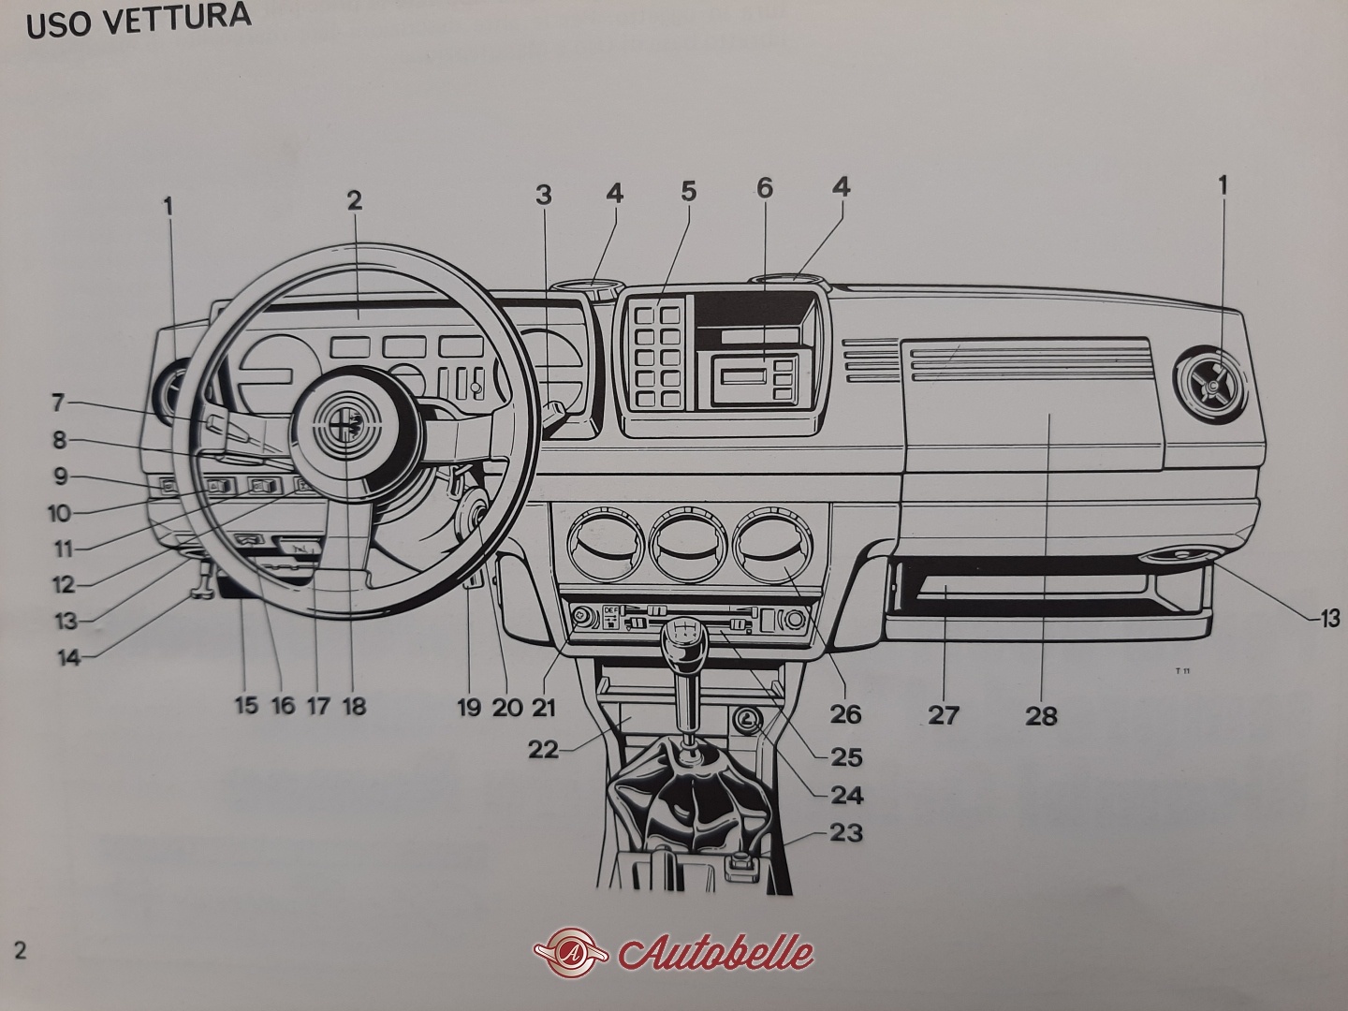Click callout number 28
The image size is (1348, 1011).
point(1041,717)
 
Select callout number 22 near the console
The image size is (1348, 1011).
point(544,750)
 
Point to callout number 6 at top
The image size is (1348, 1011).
point(765,188)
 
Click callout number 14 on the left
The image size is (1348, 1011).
point(68,656)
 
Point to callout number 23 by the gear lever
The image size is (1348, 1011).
point(845,832)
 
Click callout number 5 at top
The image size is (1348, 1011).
point(688,192)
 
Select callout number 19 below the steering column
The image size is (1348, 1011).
point(468,707)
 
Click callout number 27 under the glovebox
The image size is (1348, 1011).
point(944,715)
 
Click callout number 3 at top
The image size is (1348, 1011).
point(544,195)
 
